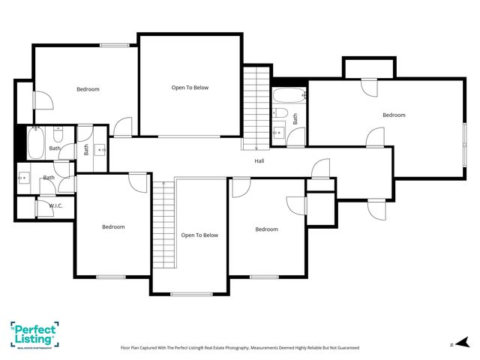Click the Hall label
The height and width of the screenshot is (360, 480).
259,160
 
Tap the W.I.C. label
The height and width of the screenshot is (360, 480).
56,205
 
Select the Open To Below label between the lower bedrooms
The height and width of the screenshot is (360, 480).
199,235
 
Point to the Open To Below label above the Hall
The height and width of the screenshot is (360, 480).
190,88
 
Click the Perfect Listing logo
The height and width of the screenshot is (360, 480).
34,334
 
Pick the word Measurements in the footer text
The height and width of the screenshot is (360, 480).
247,348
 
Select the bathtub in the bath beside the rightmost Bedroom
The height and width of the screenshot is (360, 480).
288,95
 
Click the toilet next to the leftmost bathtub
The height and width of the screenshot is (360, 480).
60,136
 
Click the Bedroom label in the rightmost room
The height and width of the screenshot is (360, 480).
394,115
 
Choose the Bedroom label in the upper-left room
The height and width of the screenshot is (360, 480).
88,89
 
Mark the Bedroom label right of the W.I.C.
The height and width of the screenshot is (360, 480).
113,226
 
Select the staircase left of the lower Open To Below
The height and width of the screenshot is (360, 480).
163,225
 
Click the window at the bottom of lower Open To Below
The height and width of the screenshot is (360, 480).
191,293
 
